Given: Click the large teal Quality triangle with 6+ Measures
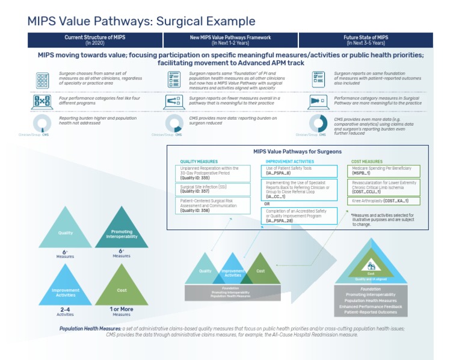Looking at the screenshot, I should [x=65, y=231].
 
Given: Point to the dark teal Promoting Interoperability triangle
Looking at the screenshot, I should [x=121, y=232].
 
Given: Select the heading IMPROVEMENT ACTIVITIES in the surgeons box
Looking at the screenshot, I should [x=289, y=161].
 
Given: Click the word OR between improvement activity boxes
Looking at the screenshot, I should [x=267, y=204].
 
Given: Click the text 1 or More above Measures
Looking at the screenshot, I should [x=121, y=309].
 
